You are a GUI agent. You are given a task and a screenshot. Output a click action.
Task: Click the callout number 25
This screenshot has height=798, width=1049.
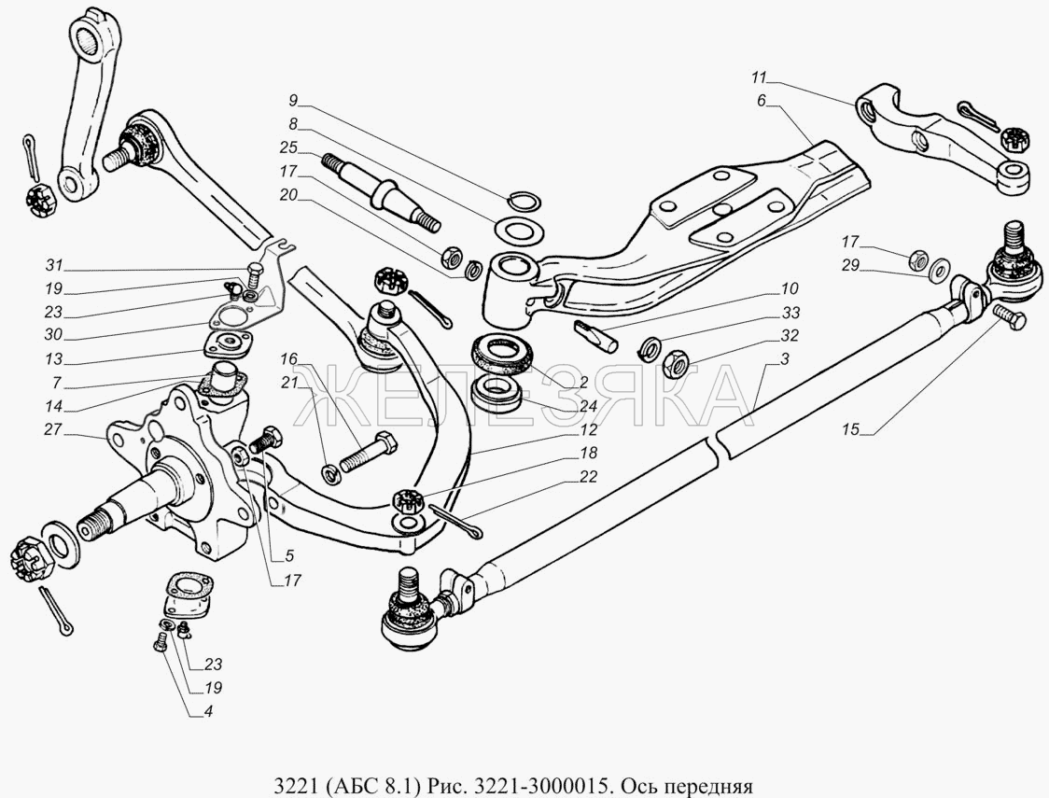tap(288, 147)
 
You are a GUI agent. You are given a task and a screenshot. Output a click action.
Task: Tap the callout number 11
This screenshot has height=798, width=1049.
tap(758, 77)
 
